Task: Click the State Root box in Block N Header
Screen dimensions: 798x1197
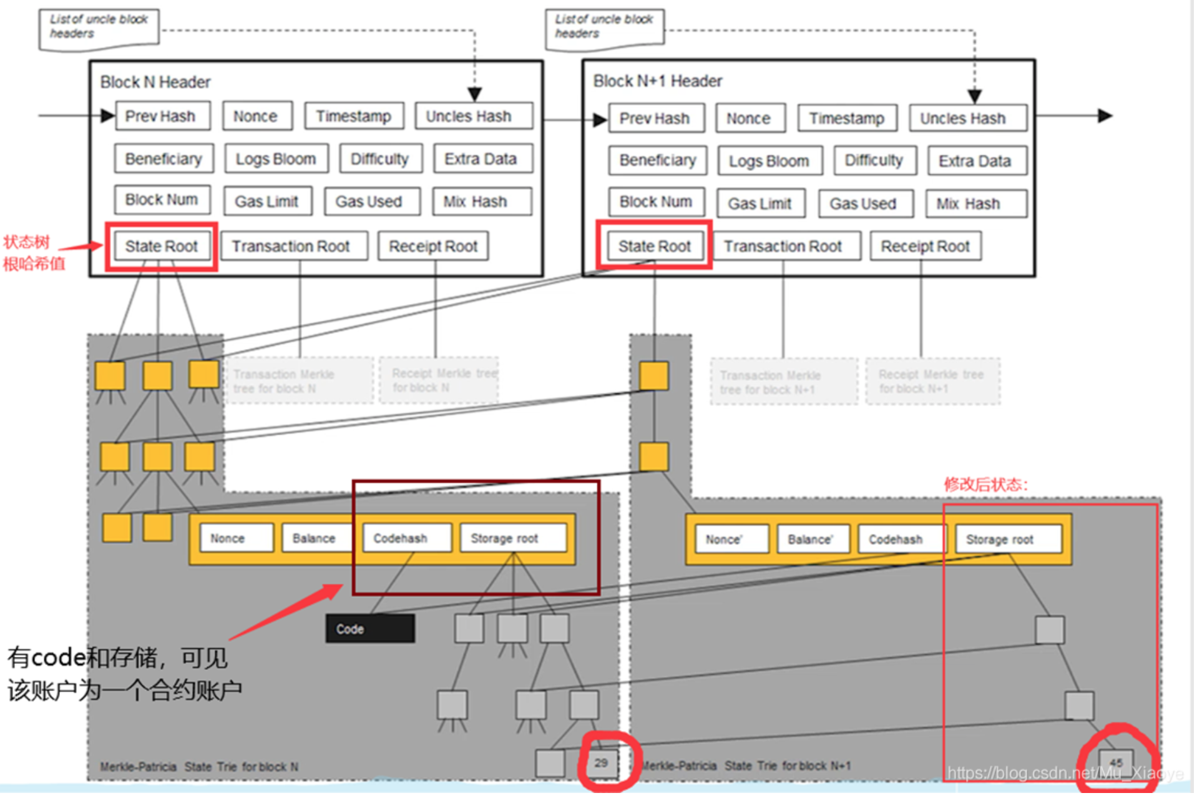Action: click(161, 247)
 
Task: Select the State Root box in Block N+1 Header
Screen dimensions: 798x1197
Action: click(654, 247)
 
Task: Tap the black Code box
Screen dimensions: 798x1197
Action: click(369, 629)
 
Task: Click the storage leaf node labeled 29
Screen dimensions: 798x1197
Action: click(601, 762)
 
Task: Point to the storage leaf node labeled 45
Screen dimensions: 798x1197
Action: click(1116, 762)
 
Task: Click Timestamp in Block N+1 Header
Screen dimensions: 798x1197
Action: click(846, 119)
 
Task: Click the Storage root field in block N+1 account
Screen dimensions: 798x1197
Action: click(1007, 539)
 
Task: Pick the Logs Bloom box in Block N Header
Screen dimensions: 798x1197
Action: click(276, 159)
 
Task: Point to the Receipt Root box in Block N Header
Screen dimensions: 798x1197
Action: click(433, 247)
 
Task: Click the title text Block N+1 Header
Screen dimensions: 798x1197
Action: click(657, 81)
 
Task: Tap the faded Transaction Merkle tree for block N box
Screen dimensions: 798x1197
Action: click(299, 381)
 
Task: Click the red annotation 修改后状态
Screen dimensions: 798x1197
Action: click(985, 485)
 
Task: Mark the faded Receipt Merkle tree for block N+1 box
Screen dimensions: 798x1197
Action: click(932, 382)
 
